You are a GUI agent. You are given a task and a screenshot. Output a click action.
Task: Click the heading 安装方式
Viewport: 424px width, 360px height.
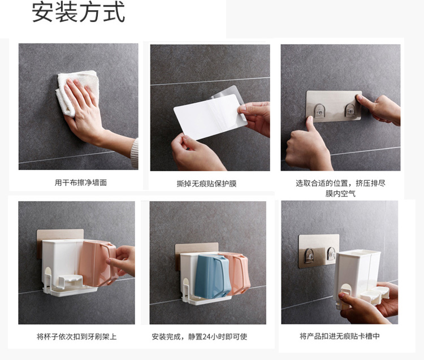click(78, 12)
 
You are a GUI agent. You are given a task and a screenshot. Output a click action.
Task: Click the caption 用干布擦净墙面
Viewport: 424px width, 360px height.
click(81, 183)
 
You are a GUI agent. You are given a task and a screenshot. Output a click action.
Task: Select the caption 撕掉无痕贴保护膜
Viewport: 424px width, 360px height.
click(206, 184)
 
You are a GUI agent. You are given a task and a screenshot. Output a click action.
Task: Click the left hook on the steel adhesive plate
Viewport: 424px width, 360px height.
click(319, 111)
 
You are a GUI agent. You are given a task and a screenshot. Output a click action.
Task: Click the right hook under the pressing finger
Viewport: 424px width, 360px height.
click(350, 111)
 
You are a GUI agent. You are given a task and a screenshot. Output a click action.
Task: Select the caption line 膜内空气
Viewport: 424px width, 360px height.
click(340, 194)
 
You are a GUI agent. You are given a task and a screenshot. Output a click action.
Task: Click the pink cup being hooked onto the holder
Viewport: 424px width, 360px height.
click(98, 263)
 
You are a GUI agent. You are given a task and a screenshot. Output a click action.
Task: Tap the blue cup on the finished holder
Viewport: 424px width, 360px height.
click(213, 276)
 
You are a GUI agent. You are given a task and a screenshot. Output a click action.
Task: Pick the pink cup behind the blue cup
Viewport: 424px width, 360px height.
click(238, 273)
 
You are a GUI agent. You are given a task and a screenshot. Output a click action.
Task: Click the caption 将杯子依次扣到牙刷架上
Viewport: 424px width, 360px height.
click(76, 337)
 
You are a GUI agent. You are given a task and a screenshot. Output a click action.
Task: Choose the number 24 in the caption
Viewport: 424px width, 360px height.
click(206, 337)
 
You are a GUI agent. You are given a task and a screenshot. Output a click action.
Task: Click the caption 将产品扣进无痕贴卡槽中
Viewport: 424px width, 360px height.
click(340, 336)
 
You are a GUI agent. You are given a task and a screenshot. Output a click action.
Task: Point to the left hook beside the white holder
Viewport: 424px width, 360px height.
click(309, 255)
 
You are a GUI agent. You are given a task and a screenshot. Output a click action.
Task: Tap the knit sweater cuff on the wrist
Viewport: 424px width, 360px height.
click(135, 153)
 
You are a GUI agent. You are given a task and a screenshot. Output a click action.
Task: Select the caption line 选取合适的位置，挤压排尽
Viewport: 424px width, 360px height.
click(340, 183)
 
